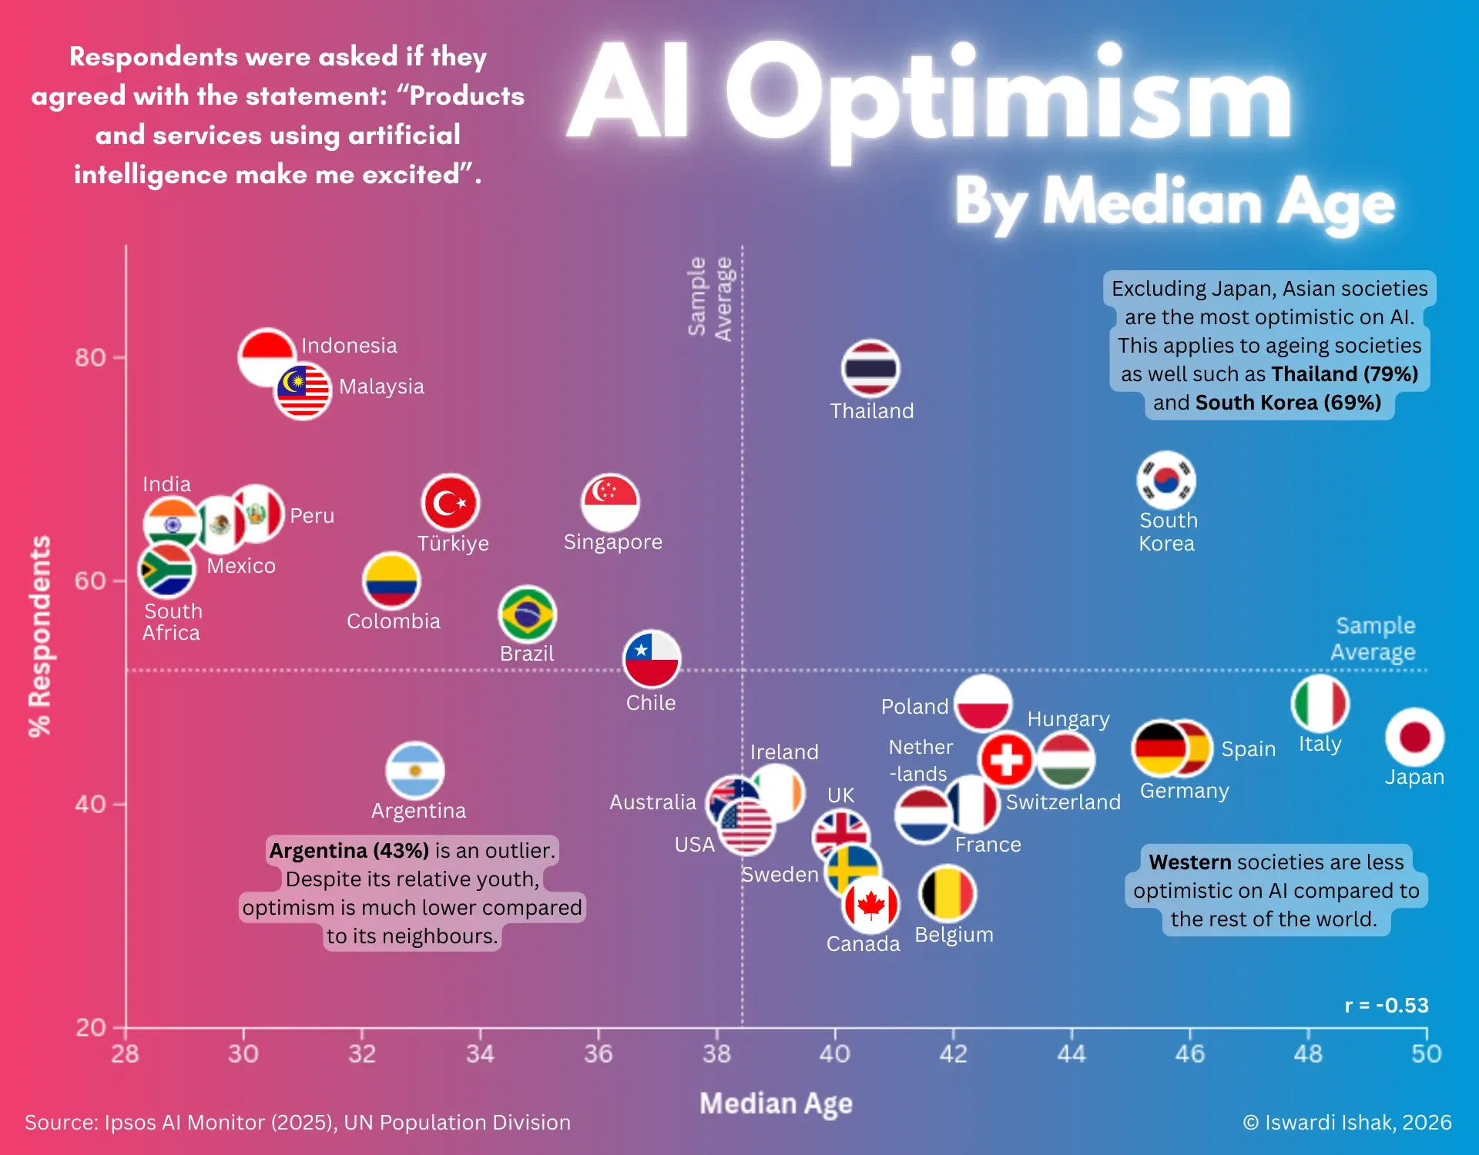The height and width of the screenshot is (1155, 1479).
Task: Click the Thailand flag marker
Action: coord(870,368)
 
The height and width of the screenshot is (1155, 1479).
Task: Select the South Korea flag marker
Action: coord(1166,480)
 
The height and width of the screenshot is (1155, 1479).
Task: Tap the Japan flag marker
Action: coord(1414,737)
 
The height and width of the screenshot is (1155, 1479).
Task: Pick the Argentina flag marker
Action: coord(415,770)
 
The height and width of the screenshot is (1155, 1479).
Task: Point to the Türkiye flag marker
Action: coord(451,502)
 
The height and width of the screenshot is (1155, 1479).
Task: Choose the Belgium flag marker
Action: coord(947,893)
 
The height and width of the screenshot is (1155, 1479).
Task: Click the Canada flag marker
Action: coord(871,906)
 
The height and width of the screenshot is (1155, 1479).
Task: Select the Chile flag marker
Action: coord(652,659)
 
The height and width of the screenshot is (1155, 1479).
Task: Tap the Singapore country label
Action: coord(612,542)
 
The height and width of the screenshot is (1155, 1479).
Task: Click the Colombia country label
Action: coord(393,621)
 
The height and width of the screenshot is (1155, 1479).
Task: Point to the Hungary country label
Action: coord(1068,719)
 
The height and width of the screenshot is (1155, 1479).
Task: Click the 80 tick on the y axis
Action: coord(90,357)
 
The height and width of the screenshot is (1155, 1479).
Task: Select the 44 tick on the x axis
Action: coord(1071,1053)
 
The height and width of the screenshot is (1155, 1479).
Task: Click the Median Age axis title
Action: coord(776,1103)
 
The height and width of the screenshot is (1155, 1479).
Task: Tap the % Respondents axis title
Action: coord(40,636)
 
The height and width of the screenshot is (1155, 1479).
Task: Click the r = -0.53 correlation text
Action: coord(1386,1006)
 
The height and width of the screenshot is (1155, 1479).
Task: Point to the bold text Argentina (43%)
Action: coord(349,851)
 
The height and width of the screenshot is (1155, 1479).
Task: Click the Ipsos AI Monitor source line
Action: coord(297,1123)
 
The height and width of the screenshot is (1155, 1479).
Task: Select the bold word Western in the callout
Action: coord(1190,862)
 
